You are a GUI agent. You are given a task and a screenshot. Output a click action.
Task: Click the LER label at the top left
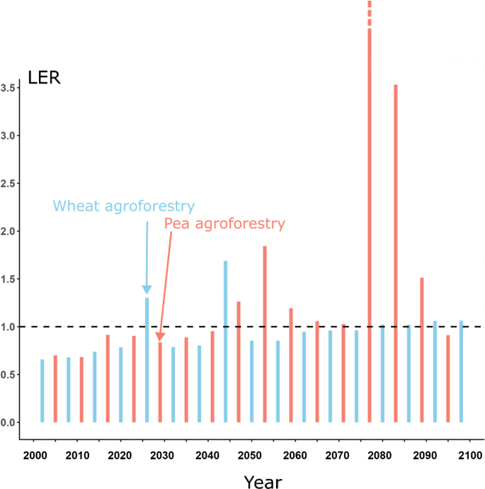(x=44, y=77)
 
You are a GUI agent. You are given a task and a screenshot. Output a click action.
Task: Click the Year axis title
(x=263, y=482)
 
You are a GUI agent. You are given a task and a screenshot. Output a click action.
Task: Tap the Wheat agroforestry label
(x=124, y=206)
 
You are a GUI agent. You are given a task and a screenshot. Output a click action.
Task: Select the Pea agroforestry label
(x=224, y=224)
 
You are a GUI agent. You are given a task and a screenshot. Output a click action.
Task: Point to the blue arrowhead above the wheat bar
(x=147, y=290)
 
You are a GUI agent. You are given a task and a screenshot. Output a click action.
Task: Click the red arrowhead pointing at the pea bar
(x=160, y=337)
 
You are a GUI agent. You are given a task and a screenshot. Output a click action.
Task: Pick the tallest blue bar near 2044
(x=226, y=342)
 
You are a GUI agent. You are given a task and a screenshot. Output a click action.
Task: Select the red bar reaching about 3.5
(x=396, y=253)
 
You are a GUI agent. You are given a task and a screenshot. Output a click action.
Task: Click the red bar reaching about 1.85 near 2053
(x=265, y=334)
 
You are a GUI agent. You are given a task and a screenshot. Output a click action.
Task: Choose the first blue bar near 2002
(x=42, y=390)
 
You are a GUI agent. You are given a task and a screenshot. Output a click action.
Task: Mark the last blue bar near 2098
(x=461, y=371)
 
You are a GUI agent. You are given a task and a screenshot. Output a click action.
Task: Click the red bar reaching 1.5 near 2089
(x=422, y=350)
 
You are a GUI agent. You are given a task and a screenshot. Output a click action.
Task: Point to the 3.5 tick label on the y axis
(x=8, y=88)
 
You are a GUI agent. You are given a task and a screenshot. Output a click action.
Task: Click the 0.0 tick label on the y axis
(x=8, y=422)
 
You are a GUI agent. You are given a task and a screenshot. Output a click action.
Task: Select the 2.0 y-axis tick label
(x=8, y=232)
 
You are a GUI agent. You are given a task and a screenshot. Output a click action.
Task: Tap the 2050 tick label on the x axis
(x=249, y=456)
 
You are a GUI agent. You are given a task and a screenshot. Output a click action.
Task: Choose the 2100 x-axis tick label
(x=470, y=456)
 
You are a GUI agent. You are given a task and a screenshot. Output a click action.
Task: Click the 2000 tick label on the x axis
(x=35, y=456)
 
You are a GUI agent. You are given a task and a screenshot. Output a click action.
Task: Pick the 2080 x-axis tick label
(x=380, y=456)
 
